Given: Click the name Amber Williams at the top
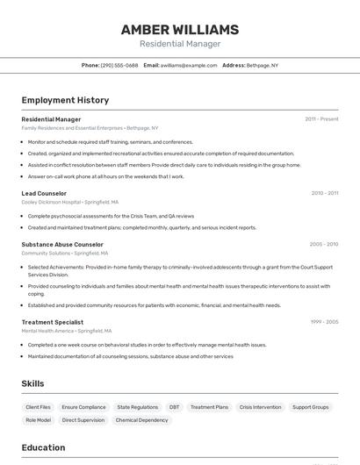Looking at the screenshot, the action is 180,30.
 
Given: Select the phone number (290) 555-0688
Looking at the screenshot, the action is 119,65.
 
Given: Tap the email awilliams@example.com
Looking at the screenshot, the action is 189,65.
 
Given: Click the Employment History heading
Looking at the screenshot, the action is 65,100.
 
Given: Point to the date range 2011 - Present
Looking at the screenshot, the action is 321,119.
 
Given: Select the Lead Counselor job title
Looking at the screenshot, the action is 44,193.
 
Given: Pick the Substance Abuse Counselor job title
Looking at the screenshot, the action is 62,245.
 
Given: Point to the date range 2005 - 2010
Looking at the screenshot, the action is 324,245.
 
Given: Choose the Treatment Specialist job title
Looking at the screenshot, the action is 53,322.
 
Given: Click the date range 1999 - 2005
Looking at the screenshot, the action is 324,322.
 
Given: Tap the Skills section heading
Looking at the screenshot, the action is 32,383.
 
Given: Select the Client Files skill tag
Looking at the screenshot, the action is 39,407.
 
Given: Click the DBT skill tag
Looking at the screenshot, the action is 174,407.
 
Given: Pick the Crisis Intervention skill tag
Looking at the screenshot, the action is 261,407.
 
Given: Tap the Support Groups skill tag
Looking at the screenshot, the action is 310,407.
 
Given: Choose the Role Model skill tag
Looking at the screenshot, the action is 38,420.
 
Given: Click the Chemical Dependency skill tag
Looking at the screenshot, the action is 141,420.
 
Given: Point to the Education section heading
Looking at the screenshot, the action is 43,447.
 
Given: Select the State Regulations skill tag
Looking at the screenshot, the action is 138,407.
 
